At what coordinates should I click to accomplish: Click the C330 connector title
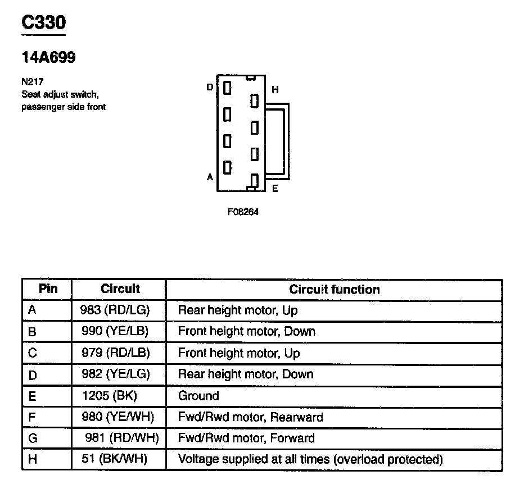(43, 23)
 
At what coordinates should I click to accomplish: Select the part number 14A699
(48, 58)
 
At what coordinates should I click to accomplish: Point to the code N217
(31, 82)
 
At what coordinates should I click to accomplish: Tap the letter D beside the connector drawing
(210, 87)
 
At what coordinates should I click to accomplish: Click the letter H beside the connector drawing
(275, 90)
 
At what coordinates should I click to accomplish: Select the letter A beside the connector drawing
(210, 177)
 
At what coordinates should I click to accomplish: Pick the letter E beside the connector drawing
(275, 189)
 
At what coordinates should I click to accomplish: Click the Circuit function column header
(334, 290)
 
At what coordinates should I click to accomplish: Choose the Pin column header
(47, 289)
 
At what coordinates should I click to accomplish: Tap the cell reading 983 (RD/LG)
(115, 310)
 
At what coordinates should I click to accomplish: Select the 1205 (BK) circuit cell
(110, 396)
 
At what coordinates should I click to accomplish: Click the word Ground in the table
(198, 396)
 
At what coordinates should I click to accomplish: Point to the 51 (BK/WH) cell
(114, 460)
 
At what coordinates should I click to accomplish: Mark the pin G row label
(33, 438)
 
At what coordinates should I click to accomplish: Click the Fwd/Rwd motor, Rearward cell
(250, 417)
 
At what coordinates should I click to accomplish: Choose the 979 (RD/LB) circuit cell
(115, 353)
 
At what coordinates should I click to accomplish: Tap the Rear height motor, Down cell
(245, 374)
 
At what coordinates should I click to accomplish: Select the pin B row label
(32, 332)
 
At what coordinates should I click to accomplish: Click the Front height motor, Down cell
(246, 332)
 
